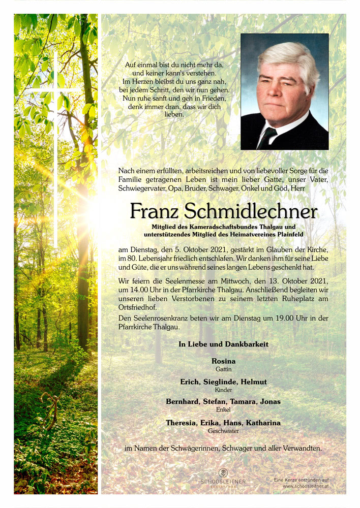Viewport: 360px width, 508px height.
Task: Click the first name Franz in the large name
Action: tap(155, 211)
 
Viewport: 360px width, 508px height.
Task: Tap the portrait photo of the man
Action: tap(284, 91)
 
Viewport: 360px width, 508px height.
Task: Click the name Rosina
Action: tap(223, 361)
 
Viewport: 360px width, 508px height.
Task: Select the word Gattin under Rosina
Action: tap(223, 369)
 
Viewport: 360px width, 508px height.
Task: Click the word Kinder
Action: tap(223, 390)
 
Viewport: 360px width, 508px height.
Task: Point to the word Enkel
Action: tap(223, 409)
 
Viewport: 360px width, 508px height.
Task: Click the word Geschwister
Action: tap(223, 431)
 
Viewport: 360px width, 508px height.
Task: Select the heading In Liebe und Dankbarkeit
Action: tap(223, 344)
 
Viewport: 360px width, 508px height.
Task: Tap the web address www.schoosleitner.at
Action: tap(305, 486)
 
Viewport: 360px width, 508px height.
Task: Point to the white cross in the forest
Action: tap(55, 102)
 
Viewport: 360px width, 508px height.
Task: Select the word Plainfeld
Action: tap(286, 234)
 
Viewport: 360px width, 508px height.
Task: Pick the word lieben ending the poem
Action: tap(175, 114)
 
